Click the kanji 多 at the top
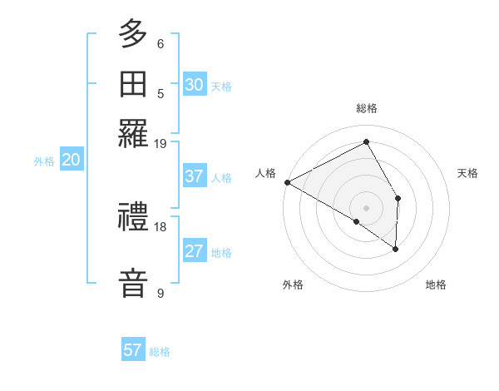click(x=133, y=36)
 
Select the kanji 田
click(x=133, y=85)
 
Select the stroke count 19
click(x=161, y=143)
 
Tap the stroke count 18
click(x=161, y=226)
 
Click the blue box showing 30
click(x=194, y=85)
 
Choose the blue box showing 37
click(x=194, y=176)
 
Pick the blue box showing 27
click(x=194, y=252)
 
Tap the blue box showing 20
click(x=70, y=161)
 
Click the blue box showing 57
click(x=132, y=350)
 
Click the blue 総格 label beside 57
click(x=160, y=352)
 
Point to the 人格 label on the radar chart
click(x=265, y=173)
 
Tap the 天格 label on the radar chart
click(x=468, y=173)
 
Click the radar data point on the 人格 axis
click(x=287, y=182)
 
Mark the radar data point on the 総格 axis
click(x=366, y=141)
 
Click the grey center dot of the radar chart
click(x=366, y=207)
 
